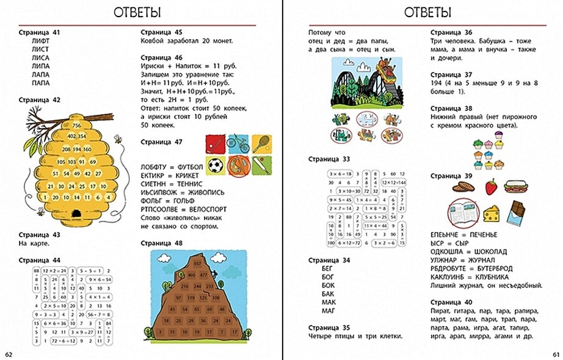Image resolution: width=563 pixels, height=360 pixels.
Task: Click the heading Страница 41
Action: click(40, 32)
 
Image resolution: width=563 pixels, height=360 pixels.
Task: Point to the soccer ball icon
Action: click(215, 165)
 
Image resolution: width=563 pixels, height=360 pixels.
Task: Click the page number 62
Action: click(9, 354)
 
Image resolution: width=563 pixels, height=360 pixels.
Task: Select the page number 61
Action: click(554, 354)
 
